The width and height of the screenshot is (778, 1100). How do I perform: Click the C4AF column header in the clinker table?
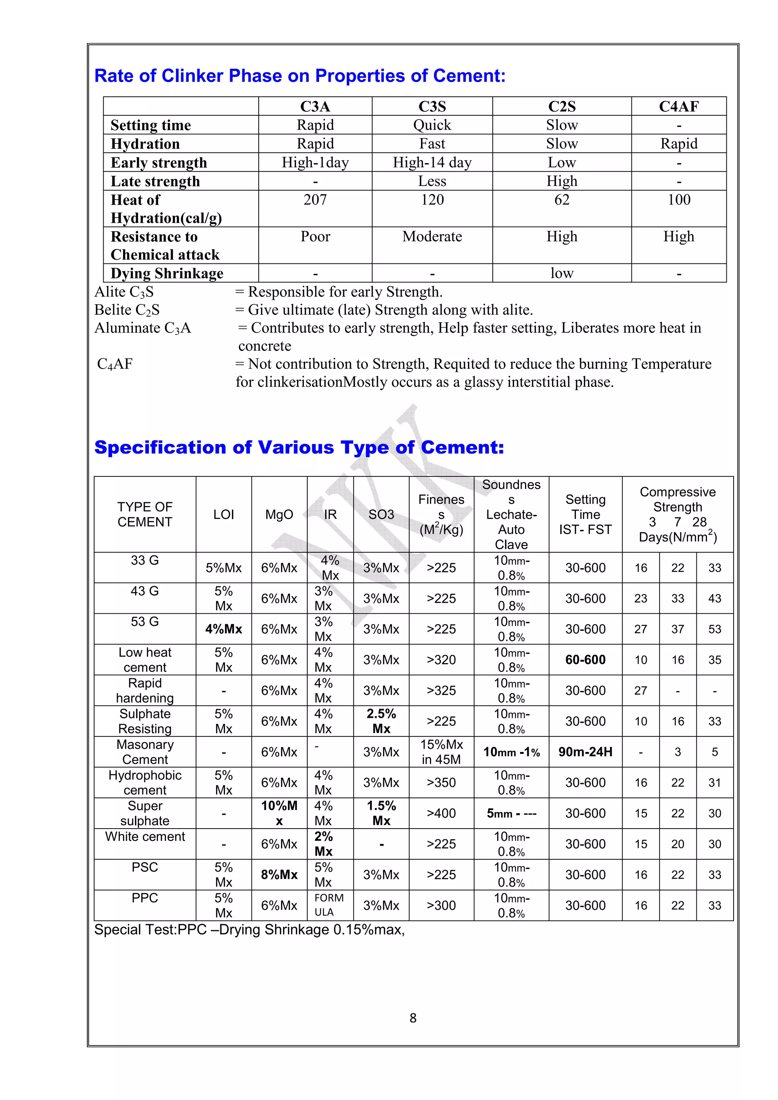[678, 106]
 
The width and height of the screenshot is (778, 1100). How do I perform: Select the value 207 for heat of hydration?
[315, 200]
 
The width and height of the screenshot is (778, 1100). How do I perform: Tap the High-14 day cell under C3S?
[432, 163]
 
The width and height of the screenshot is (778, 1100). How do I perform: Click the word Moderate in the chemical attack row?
[432, 237]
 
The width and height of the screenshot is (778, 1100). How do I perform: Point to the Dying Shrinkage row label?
[167, 273]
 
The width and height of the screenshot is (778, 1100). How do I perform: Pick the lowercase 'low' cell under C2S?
[561, 273]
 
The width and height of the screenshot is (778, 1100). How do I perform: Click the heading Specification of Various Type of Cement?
[299, 448]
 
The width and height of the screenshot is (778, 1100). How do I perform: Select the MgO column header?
[279, 515]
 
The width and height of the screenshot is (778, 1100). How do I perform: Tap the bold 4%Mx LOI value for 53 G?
[223, 629]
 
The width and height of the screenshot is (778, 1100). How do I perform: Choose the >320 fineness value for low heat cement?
[441, 660]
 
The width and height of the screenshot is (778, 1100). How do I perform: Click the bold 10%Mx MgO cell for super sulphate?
[279, 813]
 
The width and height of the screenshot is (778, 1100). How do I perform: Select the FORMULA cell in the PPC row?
[329, 905]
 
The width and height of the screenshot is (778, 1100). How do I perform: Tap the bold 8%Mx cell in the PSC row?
[279, 875]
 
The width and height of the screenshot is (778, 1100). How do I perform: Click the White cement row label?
[145, 837]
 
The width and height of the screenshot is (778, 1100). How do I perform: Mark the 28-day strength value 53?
[714, 629]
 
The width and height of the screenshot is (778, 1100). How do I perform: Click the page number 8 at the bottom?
[413, 1018]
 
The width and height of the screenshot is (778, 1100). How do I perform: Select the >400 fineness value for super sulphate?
[441, 813]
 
